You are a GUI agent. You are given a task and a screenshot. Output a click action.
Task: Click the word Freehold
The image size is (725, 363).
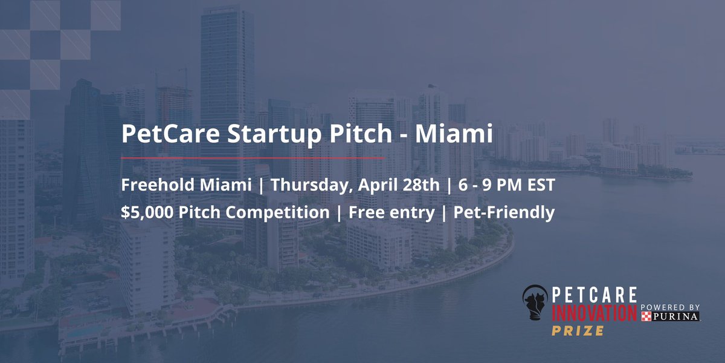(x=156, y=185)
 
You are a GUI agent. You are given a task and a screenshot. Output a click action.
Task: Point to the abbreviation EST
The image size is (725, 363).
(x=539, y=185)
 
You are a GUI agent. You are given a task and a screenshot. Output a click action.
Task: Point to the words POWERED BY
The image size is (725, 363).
(x=670, y=306)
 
